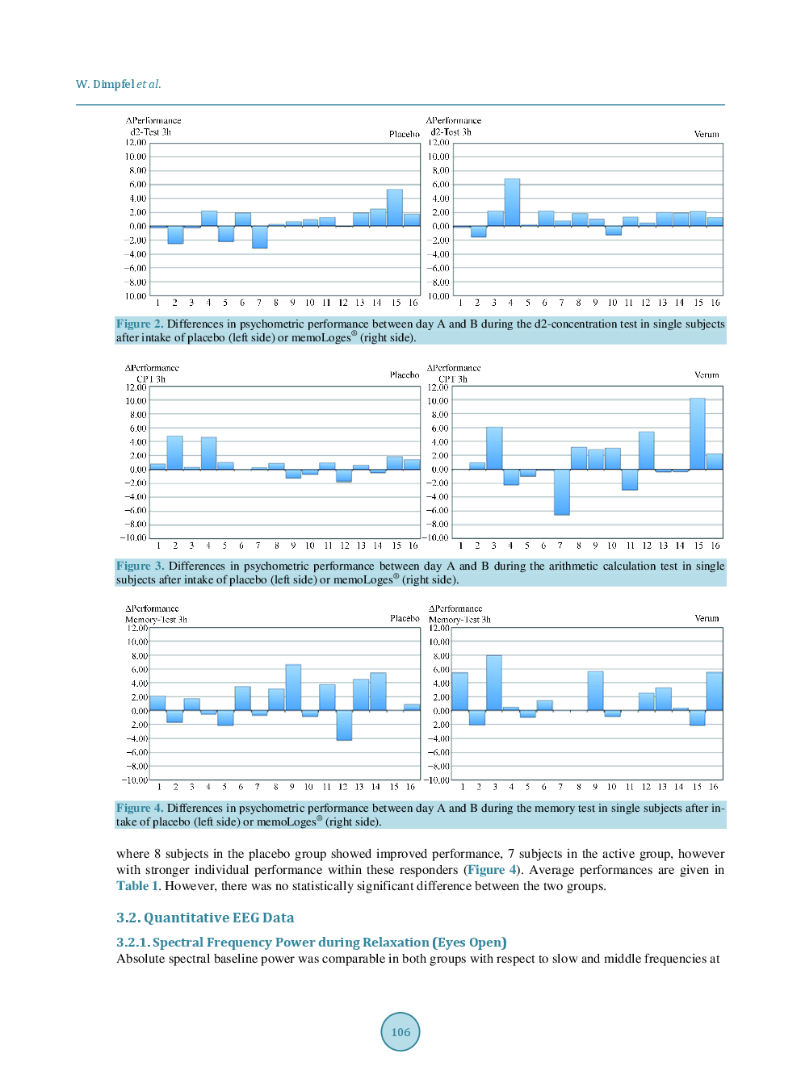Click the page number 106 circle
[x=400, y=1031]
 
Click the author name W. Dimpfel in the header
[x=105, y=84]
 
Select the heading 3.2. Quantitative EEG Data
[x=205, y=918]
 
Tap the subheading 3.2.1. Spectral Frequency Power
[x=311, y=942]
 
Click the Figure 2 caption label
[x=140, y=324]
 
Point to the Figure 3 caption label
[x=140, y=566]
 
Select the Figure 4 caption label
[x=140, y=808]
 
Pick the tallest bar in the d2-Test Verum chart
[x=512, y=202]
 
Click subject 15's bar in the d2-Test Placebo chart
[x=395, y=207]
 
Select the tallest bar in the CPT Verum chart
[x=698, y=433]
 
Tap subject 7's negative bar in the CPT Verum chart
[x=561, y=491]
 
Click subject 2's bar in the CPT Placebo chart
[x=174, y=452]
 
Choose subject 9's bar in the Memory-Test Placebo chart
[x=293, y=688]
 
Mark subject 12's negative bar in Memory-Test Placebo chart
[x=344, y=725]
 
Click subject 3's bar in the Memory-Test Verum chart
[x=494, y=683]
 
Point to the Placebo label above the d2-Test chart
[x=404, y=134]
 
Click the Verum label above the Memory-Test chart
[x=707, y=618]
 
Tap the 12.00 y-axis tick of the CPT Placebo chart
[x=136, y=387]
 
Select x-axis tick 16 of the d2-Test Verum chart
[x=715, y=303]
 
